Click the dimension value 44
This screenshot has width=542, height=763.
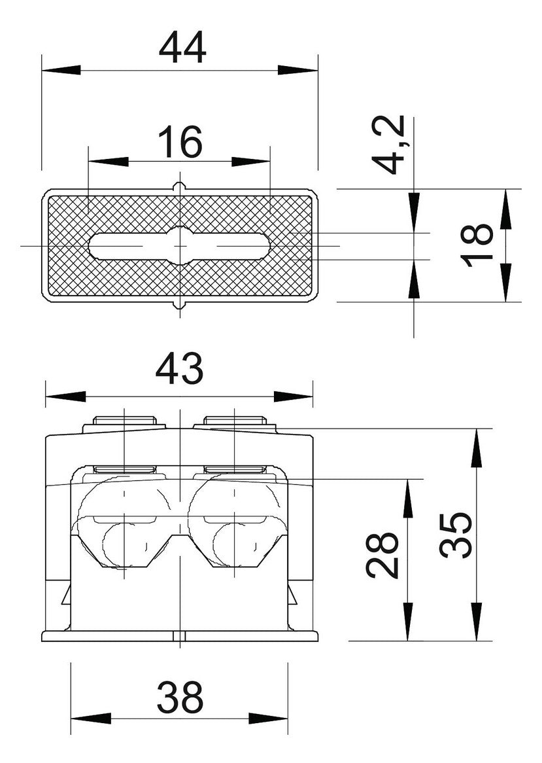point(183,48)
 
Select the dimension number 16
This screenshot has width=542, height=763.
point(180,141)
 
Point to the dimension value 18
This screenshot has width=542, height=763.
point(478,245)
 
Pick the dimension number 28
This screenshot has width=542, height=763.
point(382,555)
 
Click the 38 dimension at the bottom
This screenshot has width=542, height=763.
point(180,697)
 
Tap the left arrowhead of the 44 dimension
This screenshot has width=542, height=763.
point(61,70)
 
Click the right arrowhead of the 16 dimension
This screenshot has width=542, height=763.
point(250,162)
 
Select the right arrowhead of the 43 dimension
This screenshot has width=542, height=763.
point(293,397)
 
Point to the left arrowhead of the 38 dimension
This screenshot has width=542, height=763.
point(90,719)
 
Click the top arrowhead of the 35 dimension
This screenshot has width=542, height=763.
point(477,448)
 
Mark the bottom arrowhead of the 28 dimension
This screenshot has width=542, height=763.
point(408,622)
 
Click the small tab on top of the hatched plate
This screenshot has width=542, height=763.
point(180,186)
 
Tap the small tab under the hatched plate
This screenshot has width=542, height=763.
point(180,304)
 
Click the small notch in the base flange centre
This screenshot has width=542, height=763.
point(180,636)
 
